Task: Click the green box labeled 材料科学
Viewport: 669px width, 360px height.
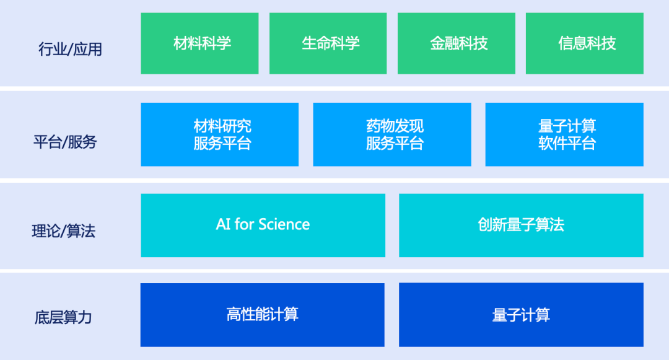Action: coord(199,43)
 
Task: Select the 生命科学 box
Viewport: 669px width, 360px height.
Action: coord(328,43)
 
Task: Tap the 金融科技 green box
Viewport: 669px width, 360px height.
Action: coord(457,43)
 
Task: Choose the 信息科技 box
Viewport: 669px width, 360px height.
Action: coord(585,43)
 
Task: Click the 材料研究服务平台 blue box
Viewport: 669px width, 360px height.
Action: coord(220,134)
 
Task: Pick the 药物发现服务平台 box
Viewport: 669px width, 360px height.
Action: coord(392,134)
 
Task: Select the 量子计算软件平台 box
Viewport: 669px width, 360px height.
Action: coord(564,134)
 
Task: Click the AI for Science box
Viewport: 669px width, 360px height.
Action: coord(263,225)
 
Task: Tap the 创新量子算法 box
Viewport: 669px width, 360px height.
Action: coord(521,225)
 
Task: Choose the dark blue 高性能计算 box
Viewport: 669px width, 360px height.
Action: coord(263,315)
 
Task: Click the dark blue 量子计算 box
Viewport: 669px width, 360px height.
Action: coord(521,315)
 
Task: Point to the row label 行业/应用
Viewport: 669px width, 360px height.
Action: coord(71,49)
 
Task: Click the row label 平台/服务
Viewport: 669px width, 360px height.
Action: coord(65,142)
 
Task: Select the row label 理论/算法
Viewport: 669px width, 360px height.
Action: coord(64,230)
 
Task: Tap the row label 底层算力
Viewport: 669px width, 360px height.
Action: coord(63,317)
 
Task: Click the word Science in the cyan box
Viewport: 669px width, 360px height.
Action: coord(284,224)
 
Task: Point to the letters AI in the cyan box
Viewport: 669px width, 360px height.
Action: coord(224,224)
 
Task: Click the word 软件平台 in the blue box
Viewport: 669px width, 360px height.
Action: coord(567,143)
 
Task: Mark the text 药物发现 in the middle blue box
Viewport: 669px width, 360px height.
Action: coord(395,126)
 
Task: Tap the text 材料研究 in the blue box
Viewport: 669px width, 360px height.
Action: coord(222,126)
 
